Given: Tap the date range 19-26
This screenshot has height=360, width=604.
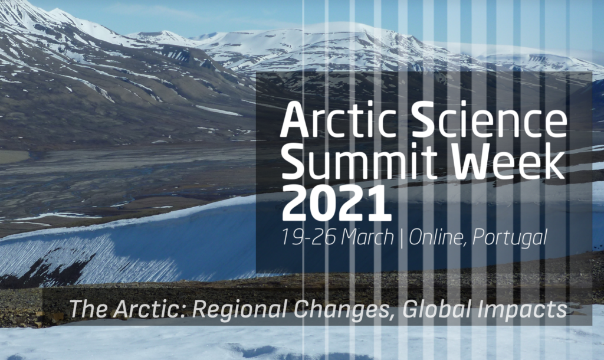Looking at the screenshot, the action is (x=308, y=237).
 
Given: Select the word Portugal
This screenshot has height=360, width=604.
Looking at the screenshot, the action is (x=510, y=238).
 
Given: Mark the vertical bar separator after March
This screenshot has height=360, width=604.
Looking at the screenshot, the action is (x=401, y=238).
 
